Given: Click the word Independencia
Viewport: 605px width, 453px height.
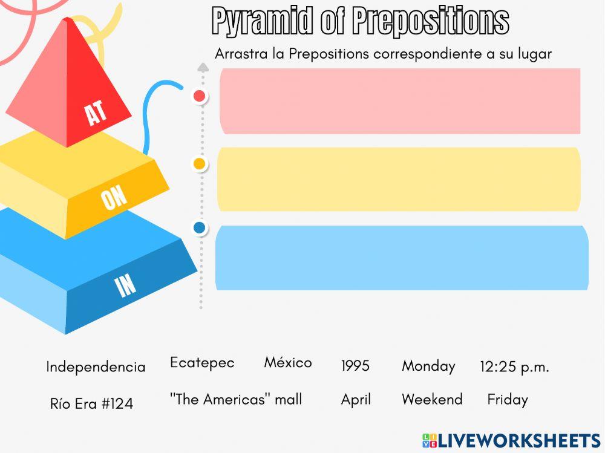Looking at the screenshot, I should coord(96,367).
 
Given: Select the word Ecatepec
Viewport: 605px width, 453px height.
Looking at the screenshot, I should coord(202,363).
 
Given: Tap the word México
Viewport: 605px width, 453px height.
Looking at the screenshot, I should coord(288,363).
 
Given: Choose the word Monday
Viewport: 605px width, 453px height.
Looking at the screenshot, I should coord(428,367).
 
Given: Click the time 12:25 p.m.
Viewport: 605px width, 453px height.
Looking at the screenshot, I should coord(514,367).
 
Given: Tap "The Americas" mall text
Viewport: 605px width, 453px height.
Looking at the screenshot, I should coord(236,400).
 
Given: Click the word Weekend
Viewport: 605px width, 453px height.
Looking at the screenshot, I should coord(432,400).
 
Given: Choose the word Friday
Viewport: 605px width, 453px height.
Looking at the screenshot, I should coord(508,400).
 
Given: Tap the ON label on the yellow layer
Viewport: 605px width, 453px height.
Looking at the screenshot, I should coord(114,198).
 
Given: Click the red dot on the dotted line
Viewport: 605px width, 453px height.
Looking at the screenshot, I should coord(199,96).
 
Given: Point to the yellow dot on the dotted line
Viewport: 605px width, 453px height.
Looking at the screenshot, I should coord(198,163).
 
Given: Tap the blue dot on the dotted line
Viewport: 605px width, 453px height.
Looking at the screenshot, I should coord(199,228).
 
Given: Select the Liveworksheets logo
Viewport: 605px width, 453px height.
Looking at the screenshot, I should coord(511,440).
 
